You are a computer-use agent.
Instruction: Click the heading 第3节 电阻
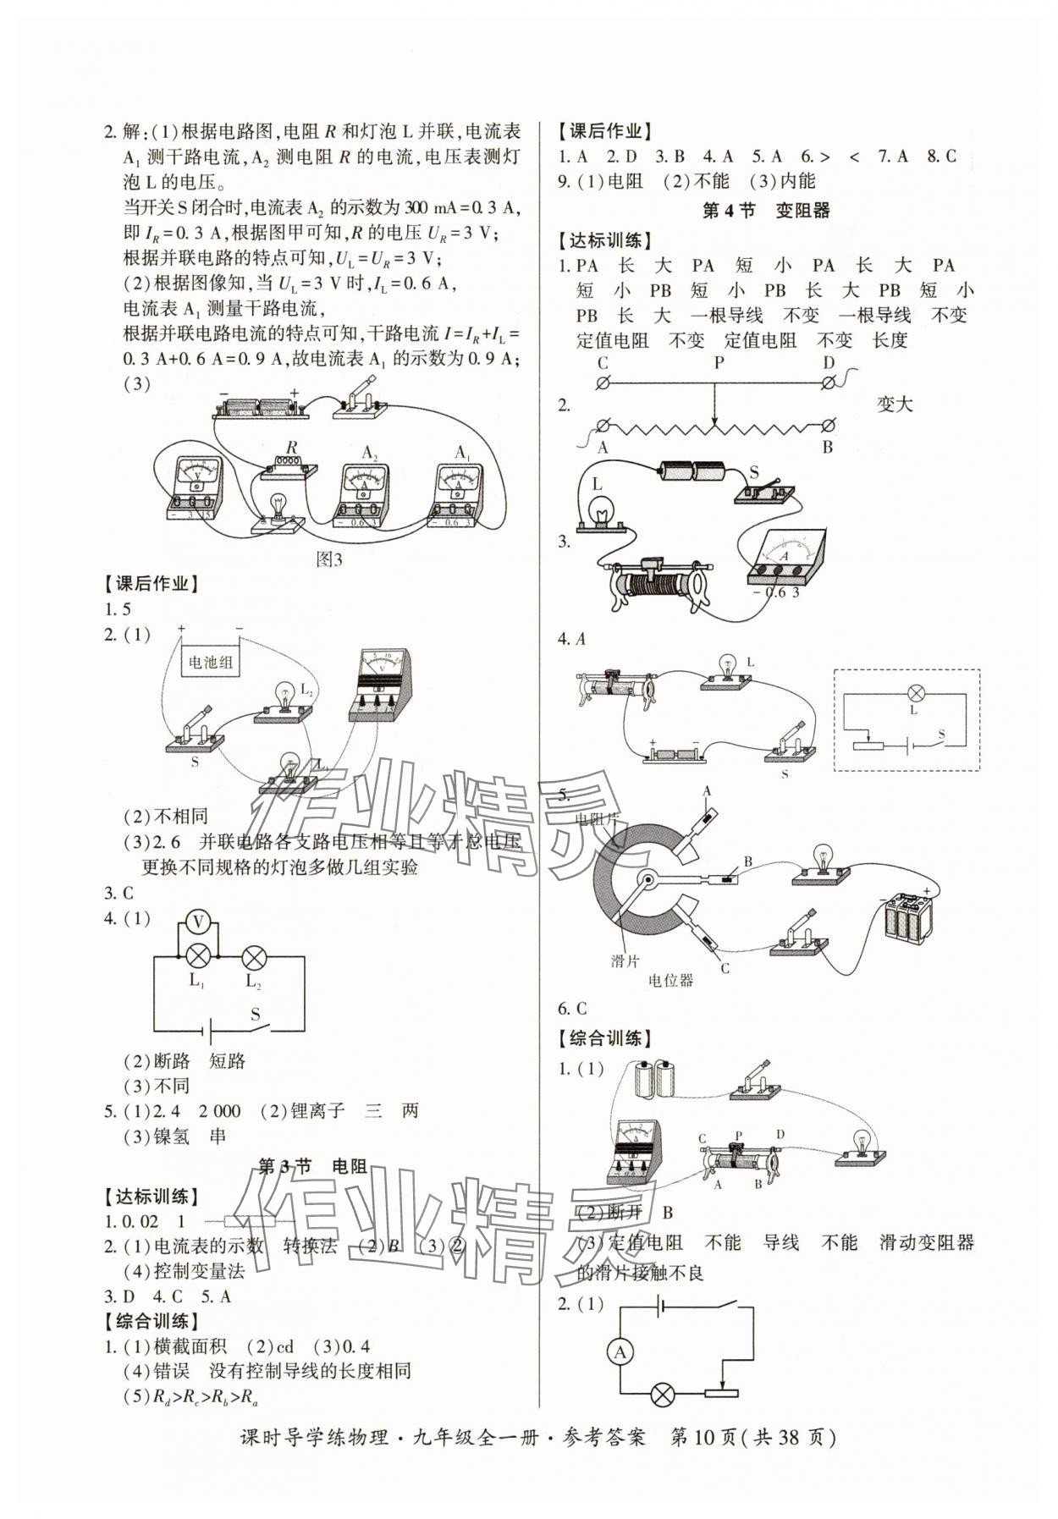tap(312, 1167)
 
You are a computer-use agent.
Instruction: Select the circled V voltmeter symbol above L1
tap(197, 921)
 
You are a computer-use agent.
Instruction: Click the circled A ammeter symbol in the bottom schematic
tap(620, 1352)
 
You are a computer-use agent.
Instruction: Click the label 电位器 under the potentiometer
tap(670, 980)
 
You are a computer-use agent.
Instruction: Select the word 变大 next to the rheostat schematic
tap(895, 405)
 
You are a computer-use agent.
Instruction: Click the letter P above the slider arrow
tap(719, 363)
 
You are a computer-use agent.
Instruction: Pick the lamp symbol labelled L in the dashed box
tap(914, 692)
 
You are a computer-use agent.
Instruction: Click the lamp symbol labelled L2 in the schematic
tap(254, 959)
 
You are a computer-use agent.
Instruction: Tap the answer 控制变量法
tap(199, 1270)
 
